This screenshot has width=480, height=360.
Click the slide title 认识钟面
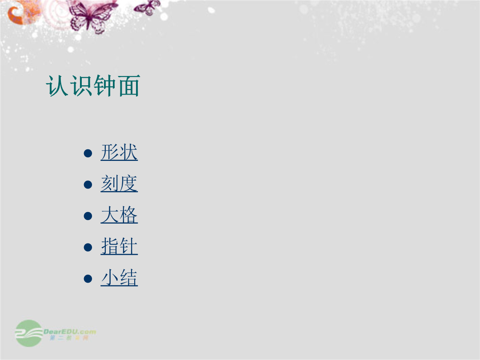coord(93,86)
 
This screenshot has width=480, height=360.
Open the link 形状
coord(119,152)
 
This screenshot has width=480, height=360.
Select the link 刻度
coord(119,184)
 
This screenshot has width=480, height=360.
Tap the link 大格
coord(119,215)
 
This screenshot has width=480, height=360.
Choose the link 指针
coord(119,246)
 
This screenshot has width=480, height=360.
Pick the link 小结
coord(119,278)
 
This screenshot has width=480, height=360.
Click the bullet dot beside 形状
coord(88,153)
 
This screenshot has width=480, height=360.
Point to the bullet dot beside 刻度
coord(88,184)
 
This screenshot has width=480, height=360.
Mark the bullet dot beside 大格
coord(88,216)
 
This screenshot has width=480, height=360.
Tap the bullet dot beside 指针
coord(88,247)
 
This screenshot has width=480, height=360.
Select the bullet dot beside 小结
coord(88,279)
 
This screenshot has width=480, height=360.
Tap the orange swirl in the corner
coord(21,12)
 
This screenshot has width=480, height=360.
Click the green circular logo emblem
coord(29,333)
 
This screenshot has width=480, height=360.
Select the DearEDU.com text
coord(70,332)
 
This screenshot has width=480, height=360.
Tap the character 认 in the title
coord(57,86)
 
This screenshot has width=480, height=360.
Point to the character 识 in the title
coord(81,86)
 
